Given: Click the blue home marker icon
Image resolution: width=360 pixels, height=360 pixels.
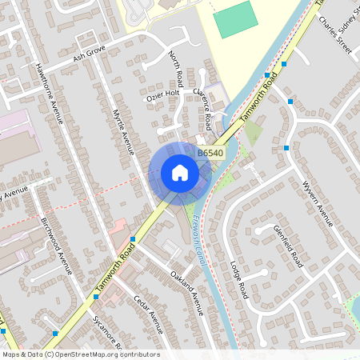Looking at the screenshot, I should tap(179, 173).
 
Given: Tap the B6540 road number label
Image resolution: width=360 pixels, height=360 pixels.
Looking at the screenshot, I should tap(210, 152).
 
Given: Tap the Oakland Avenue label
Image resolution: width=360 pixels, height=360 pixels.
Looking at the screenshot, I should tap(186, 292).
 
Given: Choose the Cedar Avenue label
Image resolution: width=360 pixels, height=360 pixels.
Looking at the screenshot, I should tap(148, 315).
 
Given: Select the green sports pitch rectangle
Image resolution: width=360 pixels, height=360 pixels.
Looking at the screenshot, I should tap(236, 19).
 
